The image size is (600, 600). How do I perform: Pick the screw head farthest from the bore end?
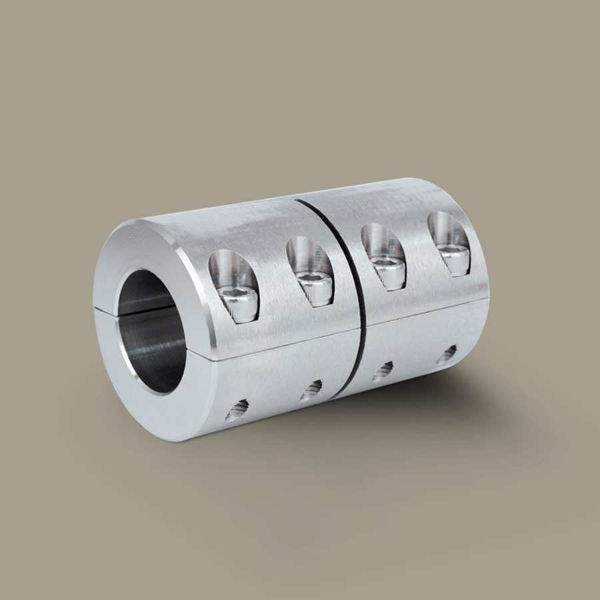(x=456, y=257)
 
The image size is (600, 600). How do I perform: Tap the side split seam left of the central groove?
(x=280, y=347)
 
